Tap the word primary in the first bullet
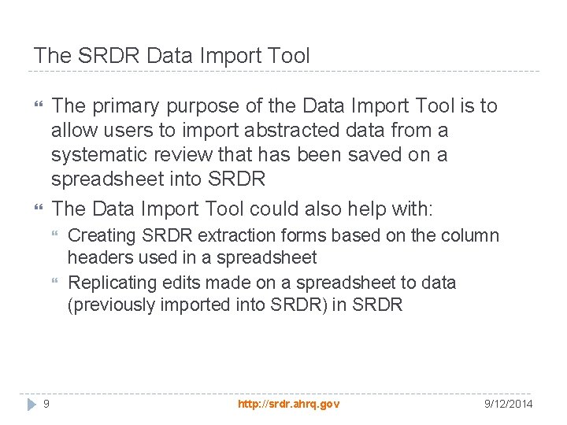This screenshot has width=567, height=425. pyautogui.click(x=127, y=105)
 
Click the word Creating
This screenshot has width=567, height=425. pyautogui.click(x=100, y=236)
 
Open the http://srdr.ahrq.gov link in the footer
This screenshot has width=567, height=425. pyautogui.click(x=288, y=404)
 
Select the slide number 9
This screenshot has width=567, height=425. pyautogui.click(x=46, y=404)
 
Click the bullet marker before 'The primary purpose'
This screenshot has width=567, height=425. pyautogui.click(x=38, y=105)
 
